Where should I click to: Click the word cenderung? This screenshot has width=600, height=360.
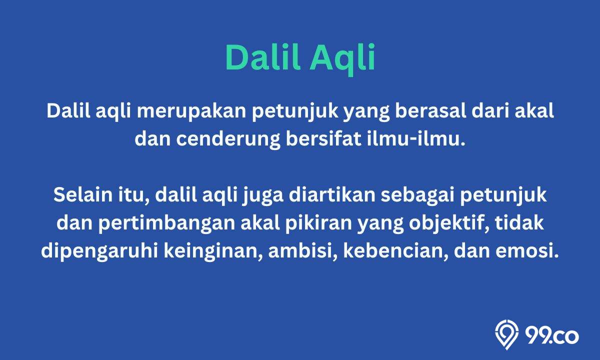[228, 140]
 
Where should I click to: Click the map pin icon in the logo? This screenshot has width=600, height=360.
[506, 334]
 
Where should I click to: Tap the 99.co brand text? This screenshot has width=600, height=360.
[552, 336]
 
